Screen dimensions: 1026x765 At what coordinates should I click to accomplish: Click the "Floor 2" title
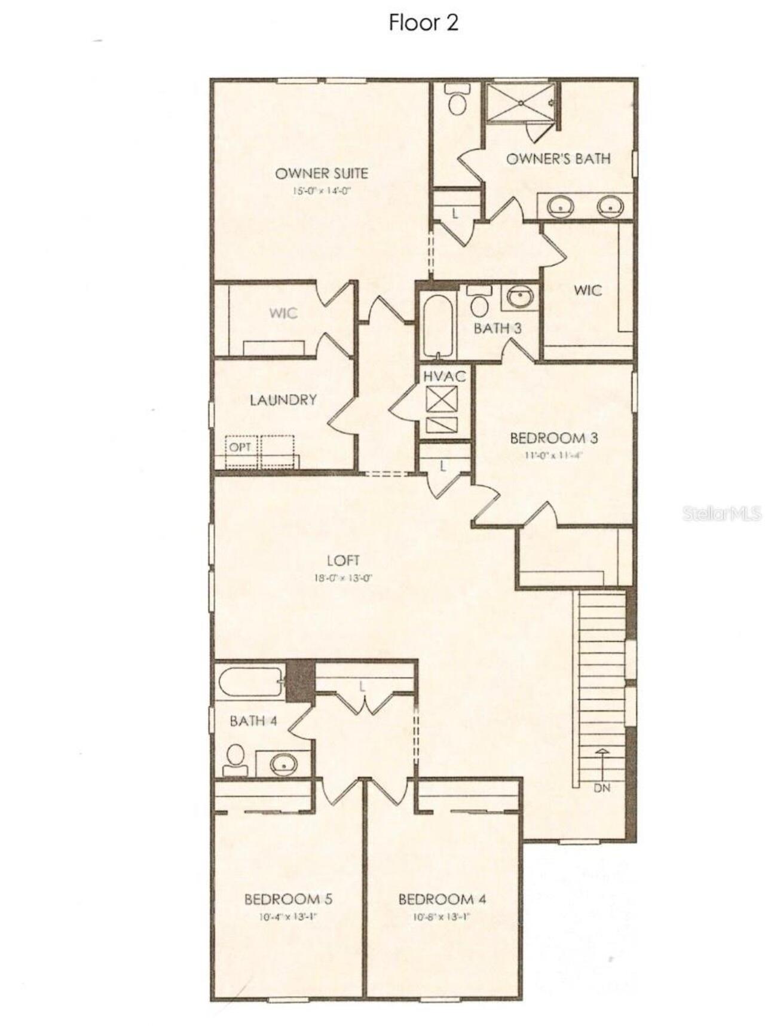tap(423, 23)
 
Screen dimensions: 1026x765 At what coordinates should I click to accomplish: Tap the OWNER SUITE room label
tap(321, 173)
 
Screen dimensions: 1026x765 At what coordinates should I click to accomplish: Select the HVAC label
tap(444, 376)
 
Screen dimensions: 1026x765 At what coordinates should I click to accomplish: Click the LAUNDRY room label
tap(283, 400)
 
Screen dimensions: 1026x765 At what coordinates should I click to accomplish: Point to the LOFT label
tap(343, 560)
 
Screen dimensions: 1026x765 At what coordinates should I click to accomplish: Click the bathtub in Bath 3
tap(436, 325)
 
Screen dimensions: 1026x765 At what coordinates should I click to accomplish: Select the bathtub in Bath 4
tap(251, 681)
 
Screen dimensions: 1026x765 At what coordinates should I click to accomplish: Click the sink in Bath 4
tap(283, 763)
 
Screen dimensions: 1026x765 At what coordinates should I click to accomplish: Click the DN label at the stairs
tap(602, 788)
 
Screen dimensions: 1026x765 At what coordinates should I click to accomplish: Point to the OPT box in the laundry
tap(240, 446)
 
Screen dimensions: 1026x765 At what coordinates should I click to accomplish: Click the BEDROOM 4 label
tap(442, 899)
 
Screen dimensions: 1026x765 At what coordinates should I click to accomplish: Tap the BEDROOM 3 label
tap(553, 438)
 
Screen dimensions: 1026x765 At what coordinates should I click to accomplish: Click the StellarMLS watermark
tap(722, 513)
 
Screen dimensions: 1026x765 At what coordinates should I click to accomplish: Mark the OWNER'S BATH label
tap(558, 158)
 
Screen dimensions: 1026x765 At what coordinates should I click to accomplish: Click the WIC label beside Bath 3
tap(587, 290)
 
